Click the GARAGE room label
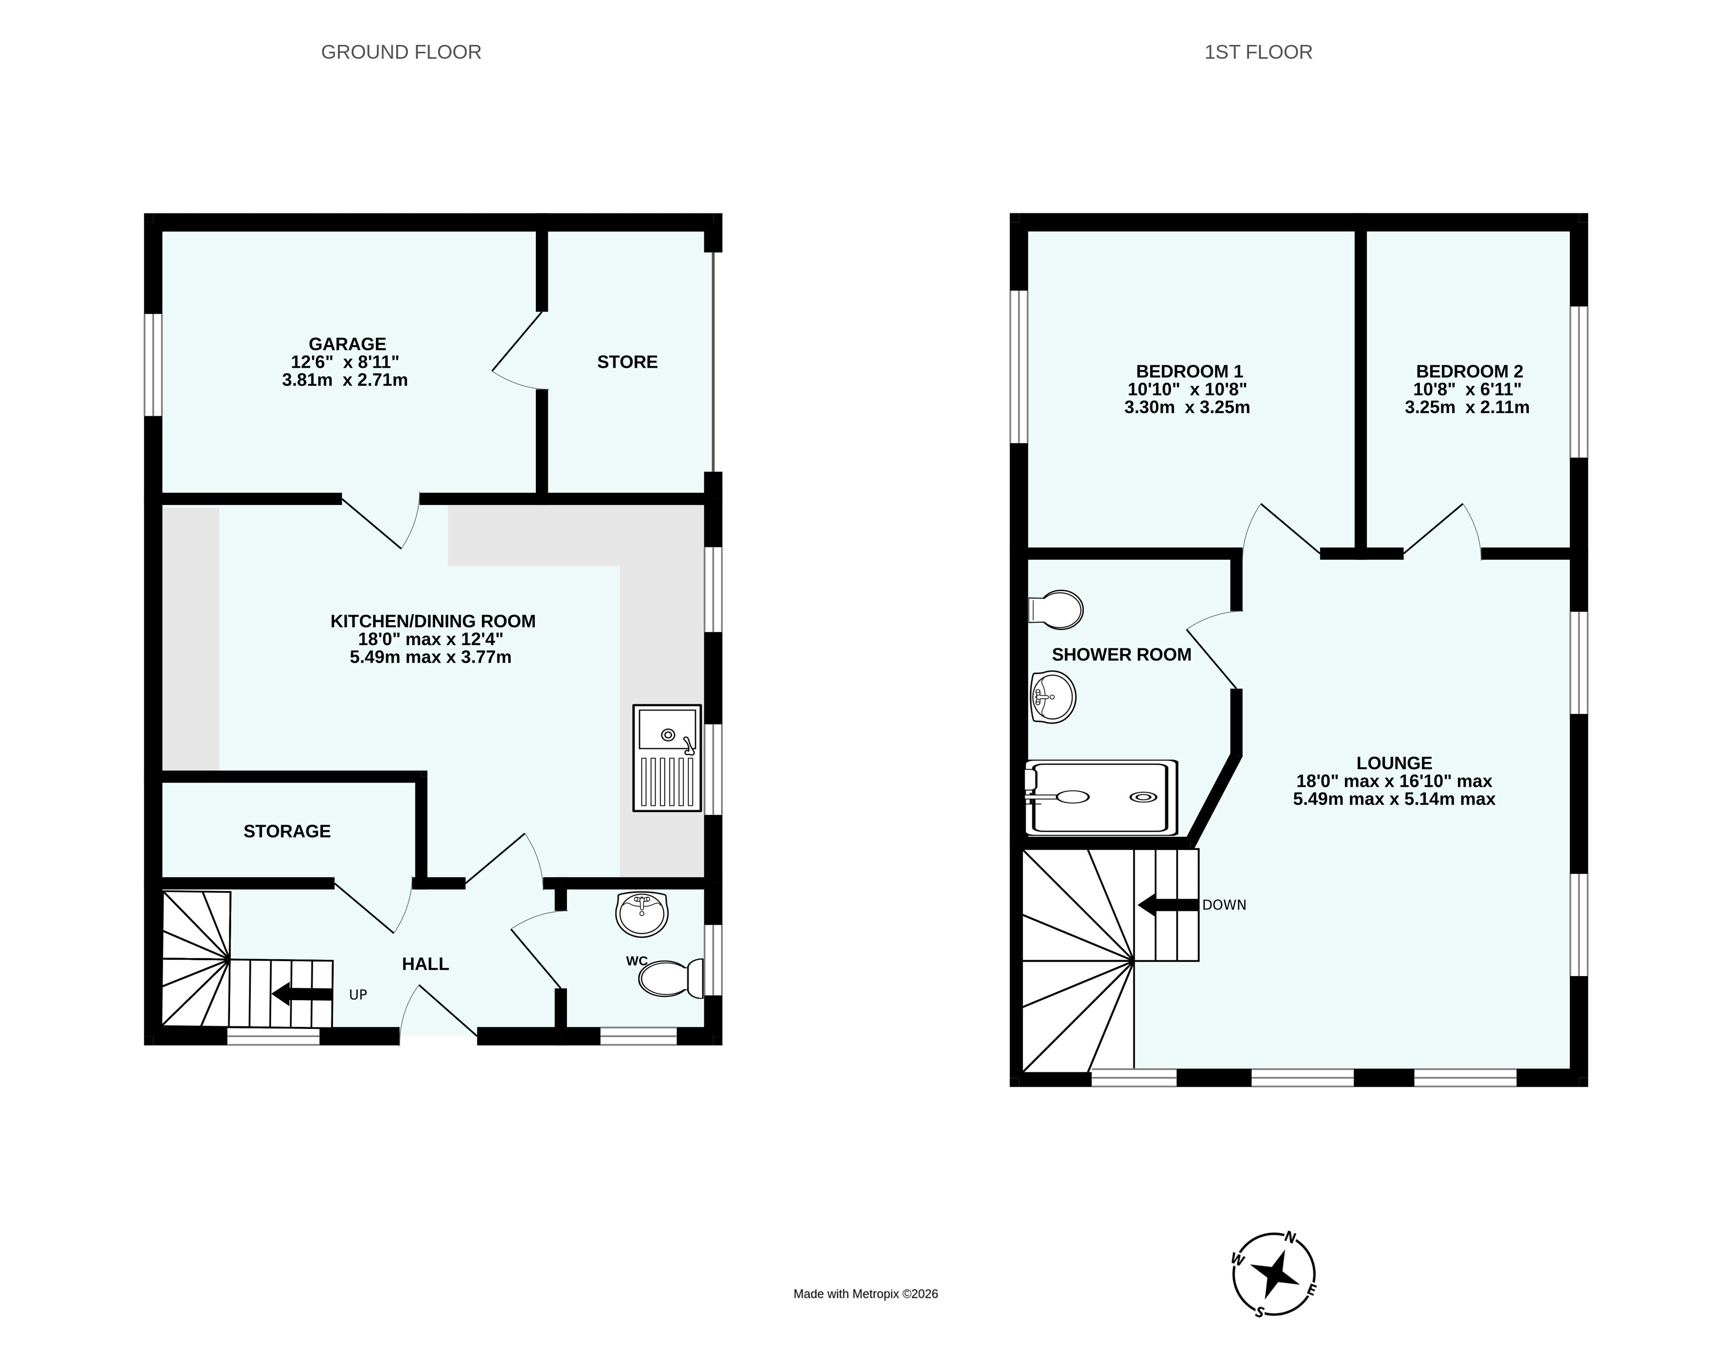pos(347,344)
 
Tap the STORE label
pos(627,362)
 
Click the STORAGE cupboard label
pos(287,831)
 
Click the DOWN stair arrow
pos(1168,905)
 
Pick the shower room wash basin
pos(1052,697)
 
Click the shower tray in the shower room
pos(1101,797)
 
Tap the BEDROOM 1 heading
pos(1189,372)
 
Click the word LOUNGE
pos(1394,763)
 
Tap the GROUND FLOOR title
pos(401,52)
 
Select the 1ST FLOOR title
pos(1258,52)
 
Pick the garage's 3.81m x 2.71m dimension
pos(345,380)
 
